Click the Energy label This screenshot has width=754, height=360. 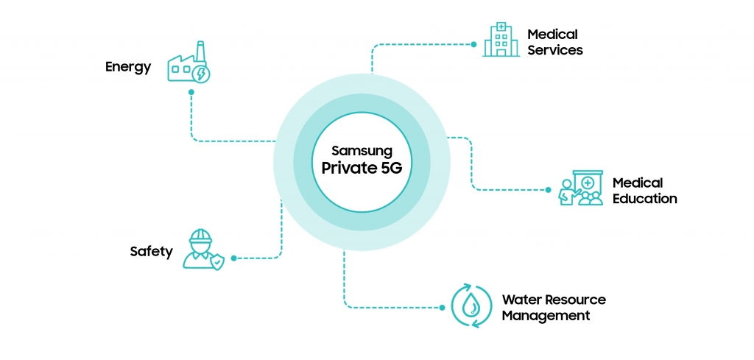[128, 67]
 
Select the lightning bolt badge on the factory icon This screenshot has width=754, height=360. [200, 74]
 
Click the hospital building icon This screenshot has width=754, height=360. [501, 40]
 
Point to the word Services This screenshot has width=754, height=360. [555, 51]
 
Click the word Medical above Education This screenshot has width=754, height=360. [638, 183]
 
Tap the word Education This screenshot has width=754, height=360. [645, 199]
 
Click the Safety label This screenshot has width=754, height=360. [151, 252]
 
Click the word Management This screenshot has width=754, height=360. [546, 316]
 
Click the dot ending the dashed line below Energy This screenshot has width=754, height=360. [191, 92]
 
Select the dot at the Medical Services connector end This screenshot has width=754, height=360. [473, 43]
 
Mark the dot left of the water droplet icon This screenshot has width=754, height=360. [443, 307]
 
